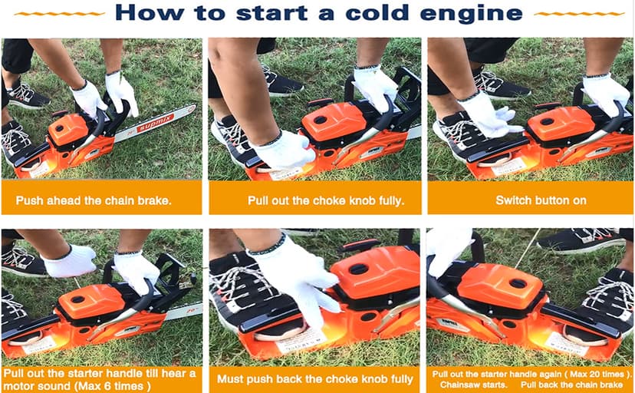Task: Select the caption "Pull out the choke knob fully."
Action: coord(314,201)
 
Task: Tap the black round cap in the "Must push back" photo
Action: coord(359,269)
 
